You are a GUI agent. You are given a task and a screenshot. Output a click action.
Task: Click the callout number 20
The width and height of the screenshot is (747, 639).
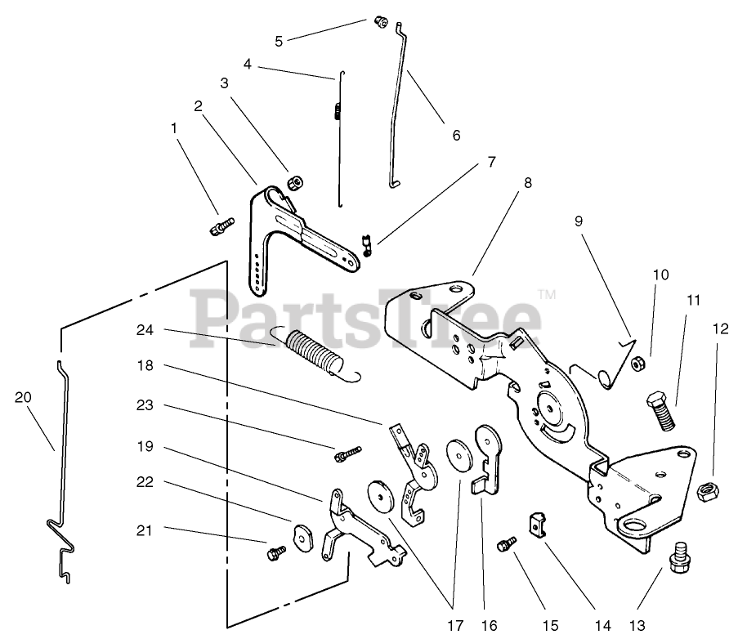click(x=23, y=397)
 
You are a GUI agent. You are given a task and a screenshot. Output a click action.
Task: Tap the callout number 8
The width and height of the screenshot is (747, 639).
click(x=528, y=183)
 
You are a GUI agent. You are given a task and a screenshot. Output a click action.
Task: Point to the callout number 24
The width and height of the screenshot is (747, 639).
click(x=145, y=330)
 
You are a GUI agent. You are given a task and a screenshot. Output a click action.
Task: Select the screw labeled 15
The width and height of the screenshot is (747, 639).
click(x=508, y=543)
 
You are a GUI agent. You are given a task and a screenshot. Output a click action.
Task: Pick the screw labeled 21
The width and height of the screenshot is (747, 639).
click(x=274, y=553)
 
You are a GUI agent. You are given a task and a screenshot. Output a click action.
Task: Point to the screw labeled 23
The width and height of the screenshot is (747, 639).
click(x=346, y=452)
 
